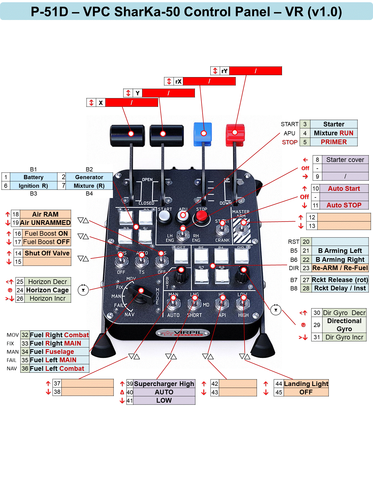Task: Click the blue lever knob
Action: click(x=203, y=134)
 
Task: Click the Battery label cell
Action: click(x=34, y=177)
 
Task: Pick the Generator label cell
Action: click(x=89, y=177)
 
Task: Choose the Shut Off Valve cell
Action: click(x=47, y=253)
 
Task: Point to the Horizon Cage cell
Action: click(x=47, y=290)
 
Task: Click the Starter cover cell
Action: click(x=345, y=160)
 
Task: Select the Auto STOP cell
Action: click(x=344, y=205)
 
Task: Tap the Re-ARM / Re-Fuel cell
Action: click(x=340, y=268)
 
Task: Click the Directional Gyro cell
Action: click(x=344, y=325)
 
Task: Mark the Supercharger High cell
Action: click(x=164, y=384)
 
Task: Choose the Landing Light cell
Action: click(x=306, y=384)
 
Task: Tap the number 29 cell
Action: click(x=317, y=325)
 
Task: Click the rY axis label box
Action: click(x=225, y=71)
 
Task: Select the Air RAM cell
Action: click(x=45, y=214)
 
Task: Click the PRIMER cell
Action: click(x=334, y=142)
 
